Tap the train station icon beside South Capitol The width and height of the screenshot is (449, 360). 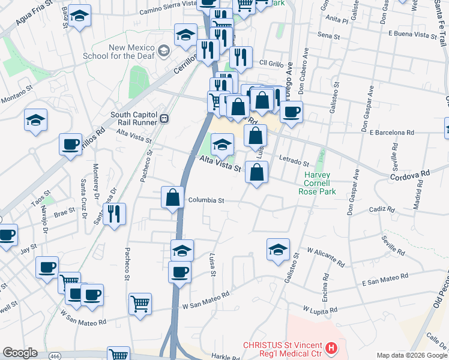(164, 118)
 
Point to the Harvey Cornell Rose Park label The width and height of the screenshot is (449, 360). (317, 184)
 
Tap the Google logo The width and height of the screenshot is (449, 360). (20, 353)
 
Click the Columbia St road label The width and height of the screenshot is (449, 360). (206, 200)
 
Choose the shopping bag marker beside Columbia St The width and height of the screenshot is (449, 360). (173, 197)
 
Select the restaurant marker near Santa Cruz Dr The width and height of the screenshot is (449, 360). (114, 214)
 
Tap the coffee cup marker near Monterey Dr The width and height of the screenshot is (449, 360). (71, 145)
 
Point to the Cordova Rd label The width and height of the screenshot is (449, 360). (410, 173)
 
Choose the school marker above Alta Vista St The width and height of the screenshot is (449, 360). (223, 144)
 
